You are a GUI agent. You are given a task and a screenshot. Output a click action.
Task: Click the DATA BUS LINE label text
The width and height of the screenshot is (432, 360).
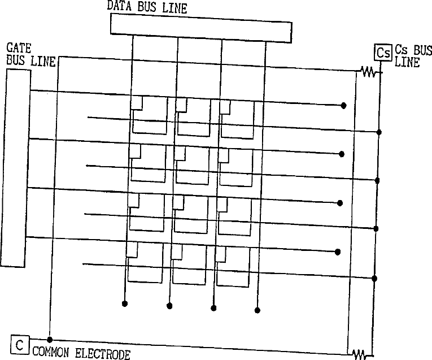point(147,8)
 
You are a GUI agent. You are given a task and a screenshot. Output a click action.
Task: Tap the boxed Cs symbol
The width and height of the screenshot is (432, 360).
point(383,54)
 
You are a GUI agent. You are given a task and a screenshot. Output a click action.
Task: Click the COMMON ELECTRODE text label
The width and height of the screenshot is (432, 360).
point(81,354)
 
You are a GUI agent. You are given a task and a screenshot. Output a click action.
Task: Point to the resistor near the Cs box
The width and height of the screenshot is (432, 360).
point(369,72)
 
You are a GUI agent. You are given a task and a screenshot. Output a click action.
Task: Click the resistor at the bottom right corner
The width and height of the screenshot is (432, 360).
point(359,354)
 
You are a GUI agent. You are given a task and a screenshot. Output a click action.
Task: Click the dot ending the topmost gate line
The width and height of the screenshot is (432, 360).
point(343,106)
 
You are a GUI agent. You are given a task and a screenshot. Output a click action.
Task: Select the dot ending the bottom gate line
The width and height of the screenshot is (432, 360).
point(338,252)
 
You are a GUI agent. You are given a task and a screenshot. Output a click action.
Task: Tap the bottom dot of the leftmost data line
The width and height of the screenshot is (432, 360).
point(125,304)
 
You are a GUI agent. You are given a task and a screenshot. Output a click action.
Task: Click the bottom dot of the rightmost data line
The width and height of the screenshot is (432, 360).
point(258,310)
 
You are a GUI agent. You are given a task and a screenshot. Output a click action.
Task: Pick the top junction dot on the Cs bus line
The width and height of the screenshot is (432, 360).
point(379,132)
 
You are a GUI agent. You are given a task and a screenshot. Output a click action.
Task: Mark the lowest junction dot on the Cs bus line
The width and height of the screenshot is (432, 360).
point(375,278)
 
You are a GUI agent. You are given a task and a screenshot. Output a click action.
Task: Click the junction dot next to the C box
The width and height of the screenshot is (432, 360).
point(50,340)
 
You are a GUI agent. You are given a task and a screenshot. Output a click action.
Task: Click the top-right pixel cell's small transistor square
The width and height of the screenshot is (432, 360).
point(225,105)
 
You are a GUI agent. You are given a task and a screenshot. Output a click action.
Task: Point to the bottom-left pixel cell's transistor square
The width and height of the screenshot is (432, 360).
point(133,249)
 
